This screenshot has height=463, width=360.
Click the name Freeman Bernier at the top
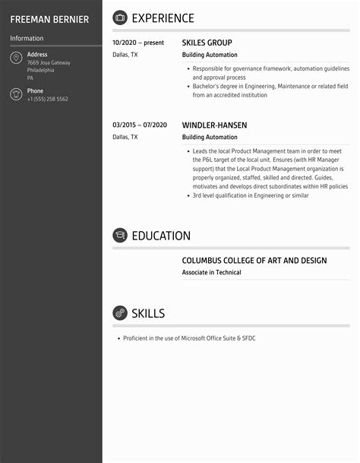coord(49,19)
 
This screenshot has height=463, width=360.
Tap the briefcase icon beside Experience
coord(120,17)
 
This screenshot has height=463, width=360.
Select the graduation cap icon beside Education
coord(120,236)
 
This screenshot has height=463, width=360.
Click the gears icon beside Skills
coord(120,313)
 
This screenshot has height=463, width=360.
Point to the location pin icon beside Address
coord(16,59)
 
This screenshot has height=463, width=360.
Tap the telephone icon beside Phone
coord(16,94)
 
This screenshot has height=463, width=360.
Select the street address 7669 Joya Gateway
coord(49,62)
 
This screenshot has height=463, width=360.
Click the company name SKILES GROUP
coord(207,43)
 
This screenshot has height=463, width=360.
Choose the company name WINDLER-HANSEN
coord(214,125)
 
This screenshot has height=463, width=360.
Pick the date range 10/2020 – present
coord(138,43)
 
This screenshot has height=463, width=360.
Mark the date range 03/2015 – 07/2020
coord(139,125)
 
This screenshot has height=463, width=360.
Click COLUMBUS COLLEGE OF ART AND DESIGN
coord(254,261)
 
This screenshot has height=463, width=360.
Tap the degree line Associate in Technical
coord(211,272)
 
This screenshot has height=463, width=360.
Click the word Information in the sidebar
coord(27,38)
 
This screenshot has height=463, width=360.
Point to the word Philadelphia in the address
coord(40,70)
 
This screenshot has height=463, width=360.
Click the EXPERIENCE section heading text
coord(163,18)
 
